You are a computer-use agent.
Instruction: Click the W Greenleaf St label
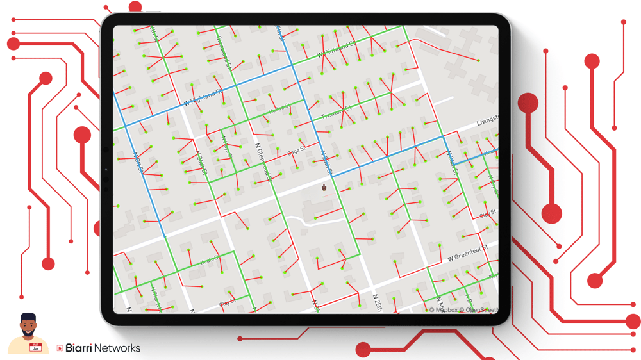(x=468, y=251)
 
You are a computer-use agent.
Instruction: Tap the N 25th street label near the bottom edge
(x=378, y=302)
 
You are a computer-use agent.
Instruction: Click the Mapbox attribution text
(x=443, y=310)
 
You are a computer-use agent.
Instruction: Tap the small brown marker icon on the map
(x=324, y=188)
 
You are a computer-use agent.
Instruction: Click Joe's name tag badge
(x=36, y=347)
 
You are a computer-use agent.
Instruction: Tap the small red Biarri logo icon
(x=60, y=348)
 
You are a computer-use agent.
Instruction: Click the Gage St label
(x=296, y=152)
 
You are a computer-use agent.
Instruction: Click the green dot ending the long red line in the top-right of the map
(x=478, y=61)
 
